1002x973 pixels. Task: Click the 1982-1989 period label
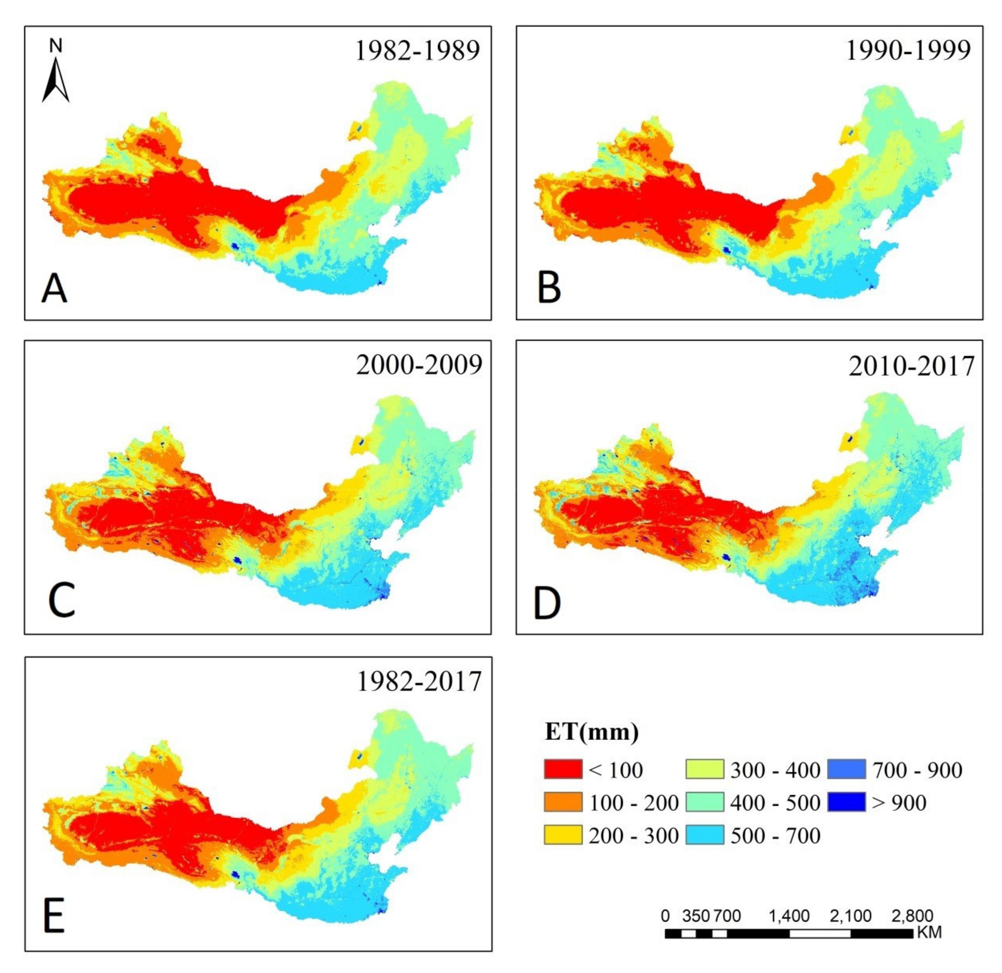point(417,51)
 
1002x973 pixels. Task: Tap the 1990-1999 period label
point(908,51)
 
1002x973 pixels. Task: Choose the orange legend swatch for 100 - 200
point(563,802)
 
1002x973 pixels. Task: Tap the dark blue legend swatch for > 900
point(846,802)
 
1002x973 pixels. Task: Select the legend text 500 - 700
point(775,835)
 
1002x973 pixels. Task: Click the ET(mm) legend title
point(592,732)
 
